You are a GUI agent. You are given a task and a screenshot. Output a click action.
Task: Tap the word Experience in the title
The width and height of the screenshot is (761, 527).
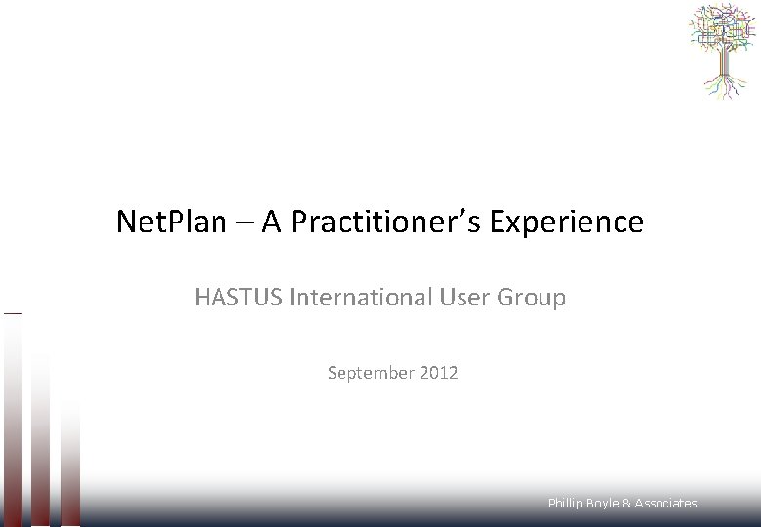tap(567, 223)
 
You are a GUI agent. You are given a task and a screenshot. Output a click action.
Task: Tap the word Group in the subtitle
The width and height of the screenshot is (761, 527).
tap(532, 297)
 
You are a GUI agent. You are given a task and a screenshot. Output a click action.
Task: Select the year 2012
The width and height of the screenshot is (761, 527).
tap(439, 373)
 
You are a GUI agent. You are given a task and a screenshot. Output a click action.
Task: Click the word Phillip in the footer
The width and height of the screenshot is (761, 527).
tap(565, 504)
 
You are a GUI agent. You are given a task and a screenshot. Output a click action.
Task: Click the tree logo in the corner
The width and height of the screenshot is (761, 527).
tap(722, 51)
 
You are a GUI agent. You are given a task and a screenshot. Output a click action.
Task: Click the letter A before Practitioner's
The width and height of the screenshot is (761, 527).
tap(272, 223)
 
